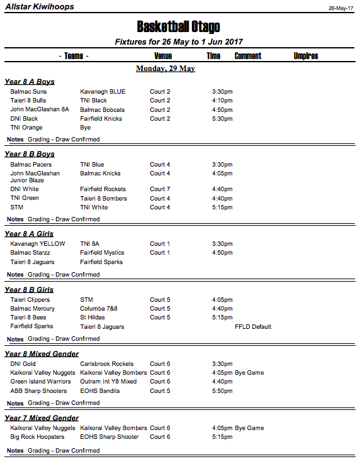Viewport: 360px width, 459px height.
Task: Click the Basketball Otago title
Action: (179, 26)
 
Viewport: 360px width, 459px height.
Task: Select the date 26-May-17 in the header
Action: (340, 8)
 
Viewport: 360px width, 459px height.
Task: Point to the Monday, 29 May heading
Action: (166, 69)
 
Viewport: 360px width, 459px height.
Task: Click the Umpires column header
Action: (306, 56)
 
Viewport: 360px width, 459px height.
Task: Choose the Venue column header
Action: (163, 56)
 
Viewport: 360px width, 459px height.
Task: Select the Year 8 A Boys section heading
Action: (30, 82)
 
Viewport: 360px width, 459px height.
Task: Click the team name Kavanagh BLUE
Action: (103, 92)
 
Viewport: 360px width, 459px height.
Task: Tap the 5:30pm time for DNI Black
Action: (222, 119)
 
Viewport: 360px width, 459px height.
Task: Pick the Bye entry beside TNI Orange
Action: (86, 128)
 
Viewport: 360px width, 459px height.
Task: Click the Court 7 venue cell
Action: (160, 189)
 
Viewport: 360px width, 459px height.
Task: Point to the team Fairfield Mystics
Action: (102, 253)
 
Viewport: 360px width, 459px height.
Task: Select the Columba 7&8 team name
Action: (99, 309)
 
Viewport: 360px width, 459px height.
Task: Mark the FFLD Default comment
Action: (253, 327)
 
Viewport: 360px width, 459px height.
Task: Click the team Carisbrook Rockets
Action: (107, 364)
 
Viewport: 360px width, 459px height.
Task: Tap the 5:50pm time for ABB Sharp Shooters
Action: (222, 391)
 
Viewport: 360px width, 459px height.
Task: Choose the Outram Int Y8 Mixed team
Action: (108, 382)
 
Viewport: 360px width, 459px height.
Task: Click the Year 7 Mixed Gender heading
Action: (42, 418)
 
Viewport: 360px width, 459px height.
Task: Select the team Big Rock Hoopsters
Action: (37, 437)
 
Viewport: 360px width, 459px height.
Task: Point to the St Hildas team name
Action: (93, 318)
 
